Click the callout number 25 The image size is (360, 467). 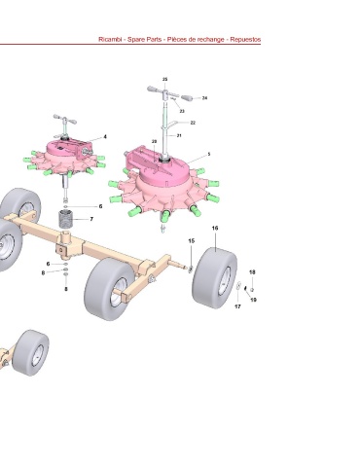164,80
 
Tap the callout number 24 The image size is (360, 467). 204,98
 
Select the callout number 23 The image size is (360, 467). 182,111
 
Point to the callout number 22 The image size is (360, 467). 193,123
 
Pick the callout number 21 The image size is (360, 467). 179,135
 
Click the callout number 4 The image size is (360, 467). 105,137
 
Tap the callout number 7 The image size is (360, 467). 91,219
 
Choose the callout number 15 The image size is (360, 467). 192,241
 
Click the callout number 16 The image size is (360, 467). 215,229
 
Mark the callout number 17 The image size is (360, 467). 237,306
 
